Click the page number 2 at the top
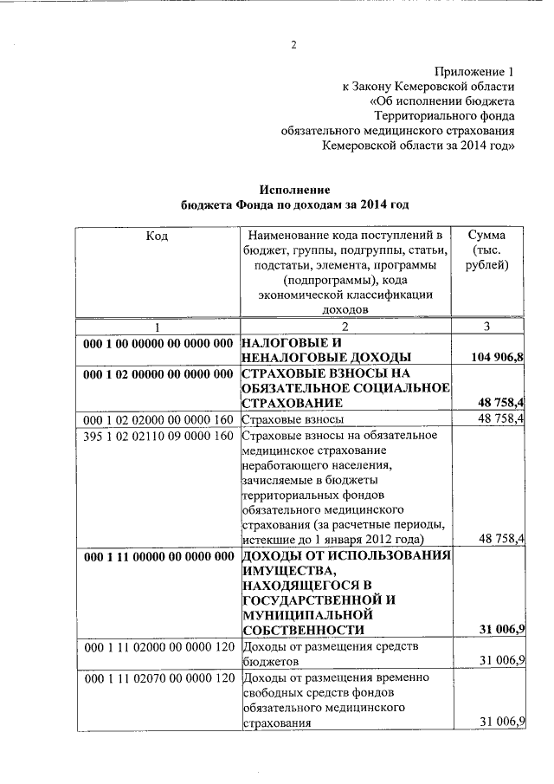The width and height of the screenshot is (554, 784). (x=293, y=46)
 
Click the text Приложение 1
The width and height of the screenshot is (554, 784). (x=473, y=72)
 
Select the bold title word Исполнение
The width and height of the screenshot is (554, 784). (x=295, y=190)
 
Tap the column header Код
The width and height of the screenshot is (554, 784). (x=157, y=236)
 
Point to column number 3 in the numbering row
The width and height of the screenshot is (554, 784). (x=486, y=327)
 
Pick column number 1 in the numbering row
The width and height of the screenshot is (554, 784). (x=157, y=327)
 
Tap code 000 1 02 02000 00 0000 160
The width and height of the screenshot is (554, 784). (x=158, y=419)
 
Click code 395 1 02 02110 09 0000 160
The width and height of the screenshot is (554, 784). (x=158, y=436)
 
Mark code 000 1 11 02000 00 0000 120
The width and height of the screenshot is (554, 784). (x=158, y=645)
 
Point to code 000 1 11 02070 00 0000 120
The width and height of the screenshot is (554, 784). (x=158, y=677)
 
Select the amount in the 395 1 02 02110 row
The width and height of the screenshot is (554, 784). (x=502, y=538)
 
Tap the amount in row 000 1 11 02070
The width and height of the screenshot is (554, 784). (x=502, y=722)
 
